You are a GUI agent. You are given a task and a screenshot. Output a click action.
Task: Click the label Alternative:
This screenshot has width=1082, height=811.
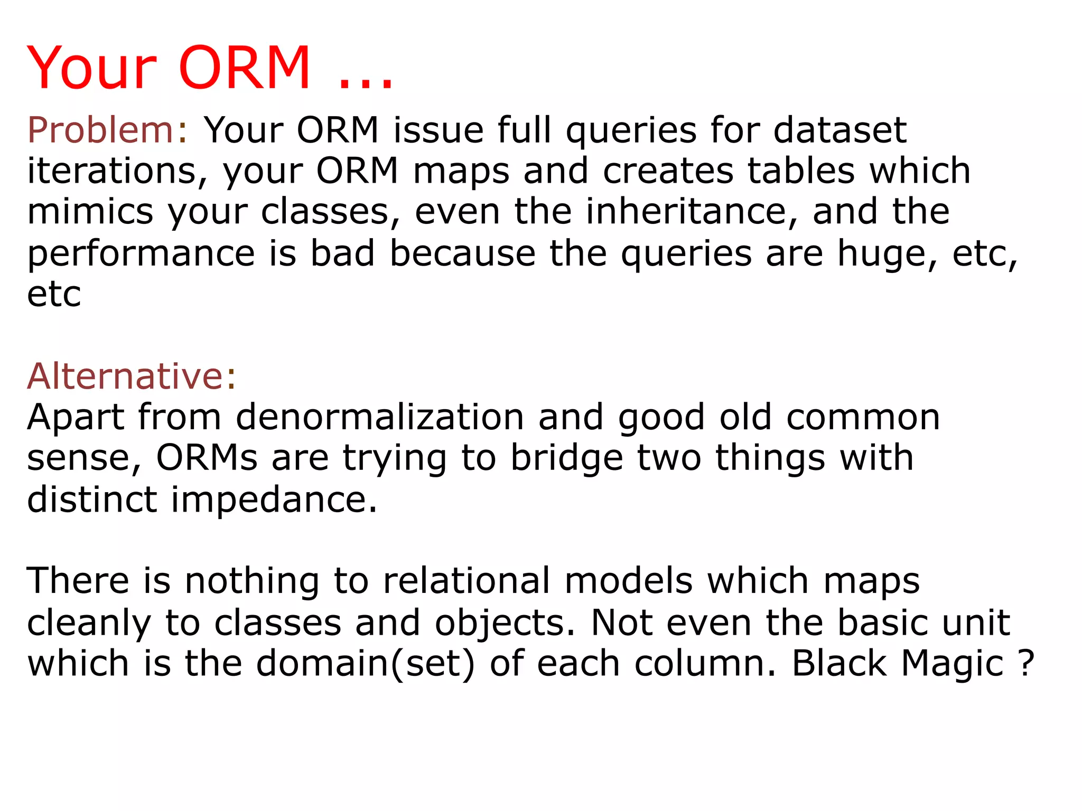132,376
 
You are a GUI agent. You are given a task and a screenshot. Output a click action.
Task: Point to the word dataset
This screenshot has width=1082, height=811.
840,130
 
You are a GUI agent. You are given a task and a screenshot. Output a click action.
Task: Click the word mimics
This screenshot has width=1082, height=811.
90,212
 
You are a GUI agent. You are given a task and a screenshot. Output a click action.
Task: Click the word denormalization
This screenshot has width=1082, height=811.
380,417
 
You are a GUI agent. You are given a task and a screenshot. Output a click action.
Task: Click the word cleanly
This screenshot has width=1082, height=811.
89,623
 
